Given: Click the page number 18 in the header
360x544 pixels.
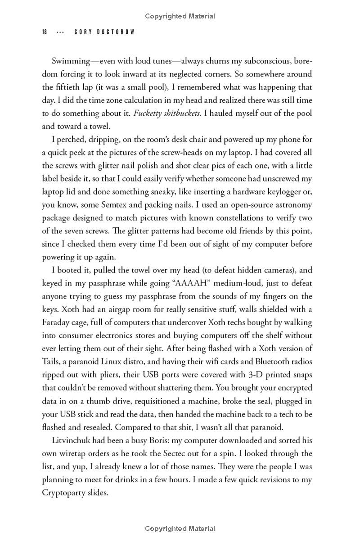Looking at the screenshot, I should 45,32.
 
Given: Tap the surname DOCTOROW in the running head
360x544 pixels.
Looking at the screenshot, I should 116,32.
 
